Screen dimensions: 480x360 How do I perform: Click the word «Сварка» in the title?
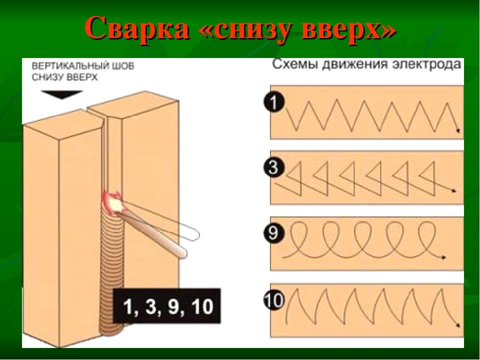[136, 28]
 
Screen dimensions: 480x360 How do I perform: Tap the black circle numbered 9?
[273, 233]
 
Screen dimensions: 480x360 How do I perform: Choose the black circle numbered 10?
[273, 299]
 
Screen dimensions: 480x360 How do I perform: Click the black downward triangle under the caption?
[62, 94]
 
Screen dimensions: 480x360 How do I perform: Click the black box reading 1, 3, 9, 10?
[167, 305]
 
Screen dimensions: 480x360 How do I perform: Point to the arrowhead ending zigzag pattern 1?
[458, 130]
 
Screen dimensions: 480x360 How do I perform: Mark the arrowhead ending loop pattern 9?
[443, 257]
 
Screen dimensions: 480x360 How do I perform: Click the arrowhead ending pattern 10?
[458, 325]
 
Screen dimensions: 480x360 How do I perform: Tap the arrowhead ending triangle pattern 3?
[453, 191]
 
